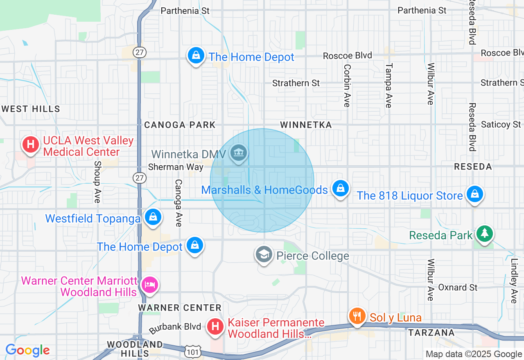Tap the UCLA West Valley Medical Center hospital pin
(x=30, y=145)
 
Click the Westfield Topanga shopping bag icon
(x=153, y=217)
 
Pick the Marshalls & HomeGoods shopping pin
(x=340, y=189)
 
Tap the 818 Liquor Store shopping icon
(x=474, y=194)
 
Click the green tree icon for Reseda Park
(x=485, y=234)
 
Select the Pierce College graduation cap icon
(x=264, y=254)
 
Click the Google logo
(x=27, y=350)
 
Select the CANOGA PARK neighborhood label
(x=180, y=125)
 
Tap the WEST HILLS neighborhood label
(x=31, y=109)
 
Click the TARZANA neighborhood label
(x=431, y=333)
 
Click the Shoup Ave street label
(x=97, y=182)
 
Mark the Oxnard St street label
(x=458, y=288)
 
